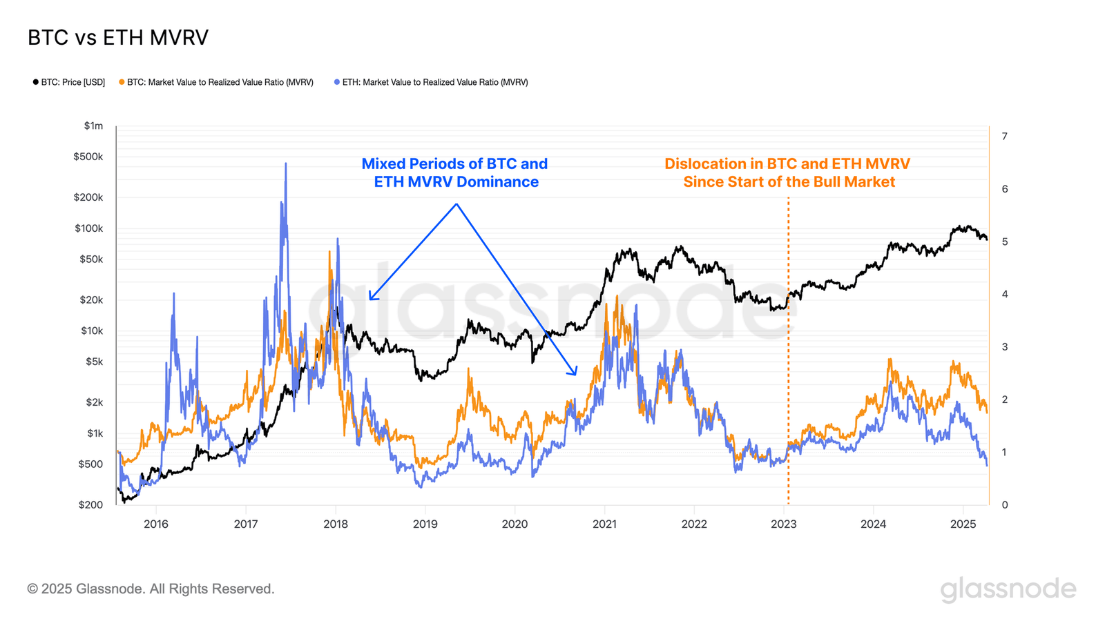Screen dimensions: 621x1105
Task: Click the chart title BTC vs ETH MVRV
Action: (117, 37)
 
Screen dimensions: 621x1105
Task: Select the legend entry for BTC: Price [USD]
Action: (69, 82)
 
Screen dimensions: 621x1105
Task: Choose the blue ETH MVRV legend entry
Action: (431, 82)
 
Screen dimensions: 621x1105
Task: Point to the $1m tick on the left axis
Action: (93, 126)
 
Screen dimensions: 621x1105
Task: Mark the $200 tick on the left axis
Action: (90, 504)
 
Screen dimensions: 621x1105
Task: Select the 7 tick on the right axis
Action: (1004, 136)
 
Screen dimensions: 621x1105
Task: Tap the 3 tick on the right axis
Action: (1004, 347)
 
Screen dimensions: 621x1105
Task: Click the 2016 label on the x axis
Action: (156, 524)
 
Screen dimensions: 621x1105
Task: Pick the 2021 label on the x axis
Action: (604, 524)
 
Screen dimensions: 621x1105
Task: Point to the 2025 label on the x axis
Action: (963, 524)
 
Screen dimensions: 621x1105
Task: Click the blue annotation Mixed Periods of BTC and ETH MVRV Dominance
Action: (454, 172)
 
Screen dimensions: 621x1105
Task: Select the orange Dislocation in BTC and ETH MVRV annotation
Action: (787, 172)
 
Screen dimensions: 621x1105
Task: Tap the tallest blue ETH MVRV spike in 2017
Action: (286, 165)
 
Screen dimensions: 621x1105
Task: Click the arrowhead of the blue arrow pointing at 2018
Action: (371, 299)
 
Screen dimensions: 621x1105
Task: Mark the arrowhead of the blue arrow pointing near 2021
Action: (574, 373)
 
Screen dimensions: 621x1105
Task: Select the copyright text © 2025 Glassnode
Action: (151, 589)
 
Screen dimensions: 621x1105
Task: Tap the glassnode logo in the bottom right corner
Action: (1008, 589)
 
